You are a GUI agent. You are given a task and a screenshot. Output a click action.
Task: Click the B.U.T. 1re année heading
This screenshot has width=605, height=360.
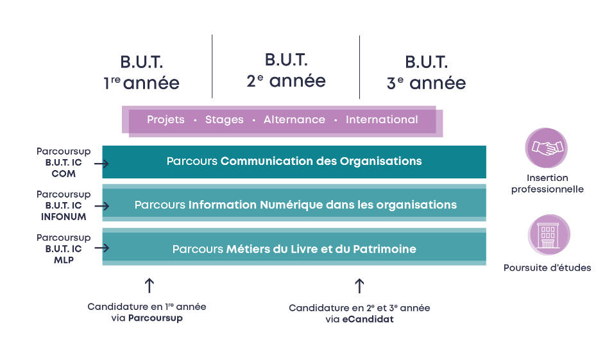[x=141, y=73]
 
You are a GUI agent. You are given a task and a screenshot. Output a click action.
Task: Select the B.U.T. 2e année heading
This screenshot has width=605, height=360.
[x=286, y=71]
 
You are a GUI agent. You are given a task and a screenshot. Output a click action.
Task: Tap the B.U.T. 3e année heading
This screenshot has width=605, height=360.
[x=427, y=73]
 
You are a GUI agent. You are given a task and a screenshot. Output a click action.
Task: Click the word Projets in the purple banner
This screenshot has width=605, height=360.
[x=166, y=119]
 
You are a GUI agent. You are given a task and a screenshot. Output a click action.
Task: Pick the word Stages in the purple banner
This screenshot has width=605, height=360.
[x=224, y=119]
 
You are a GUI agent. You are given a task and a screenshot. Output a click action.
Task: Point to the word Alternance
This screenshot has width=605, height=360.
[x=294, y=119]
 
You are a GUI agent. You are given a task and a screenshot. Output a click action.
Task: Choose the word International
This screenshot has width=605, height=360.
[x=382, y=119]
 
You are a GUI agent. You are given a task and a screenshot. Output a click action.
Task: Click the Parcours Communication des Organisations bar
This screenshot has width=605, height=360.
[x=294, y=162]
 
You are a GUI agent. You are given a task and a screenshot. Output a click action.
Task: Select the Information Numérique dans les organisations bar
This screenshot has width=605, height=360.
[x=294, y=203]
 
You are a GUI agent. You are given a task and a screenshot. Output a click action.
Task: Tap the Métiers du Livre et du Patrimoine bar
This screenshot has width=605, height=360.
[x=294, y=247]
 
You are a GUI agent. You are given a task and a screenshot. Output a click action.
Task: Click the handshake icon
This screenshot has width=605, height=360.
[x=547, y=148]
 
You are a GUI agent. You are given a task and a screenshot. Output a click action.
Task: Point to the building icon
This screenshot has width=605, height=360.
[x=549, y=235]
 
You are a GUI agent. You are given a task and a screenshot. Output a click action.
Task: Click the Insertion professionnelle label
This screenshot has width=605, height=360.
[x=547, y=184]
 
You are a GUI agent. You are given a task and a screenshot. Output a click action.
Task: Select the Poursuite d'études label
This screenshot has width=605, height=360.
[x=547, y=268]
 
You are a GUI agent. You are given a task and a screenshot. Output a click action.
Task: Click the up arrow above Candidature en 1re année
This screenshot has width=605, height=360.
[x=149, y=286]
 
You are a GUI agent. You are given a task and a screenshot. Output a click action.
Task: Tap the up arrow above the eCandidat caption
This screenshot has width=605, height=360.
[x=359, y=286]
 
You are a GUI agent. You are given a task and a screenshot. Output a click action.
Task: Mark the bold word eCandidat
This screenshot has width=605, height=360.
[x=368, y=319]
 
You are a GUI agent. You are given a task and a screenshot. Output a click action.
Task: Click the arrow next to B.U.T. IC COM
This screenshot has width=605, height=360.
[x=102, y=164]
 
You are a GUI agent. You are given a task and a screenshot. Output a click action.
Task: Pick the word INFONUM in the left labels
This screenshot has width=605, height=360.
[x=64, y=217]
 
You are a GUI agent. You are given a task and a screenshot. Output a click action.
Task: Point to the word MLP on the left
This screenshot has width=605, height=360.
[x=64, y=260]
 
